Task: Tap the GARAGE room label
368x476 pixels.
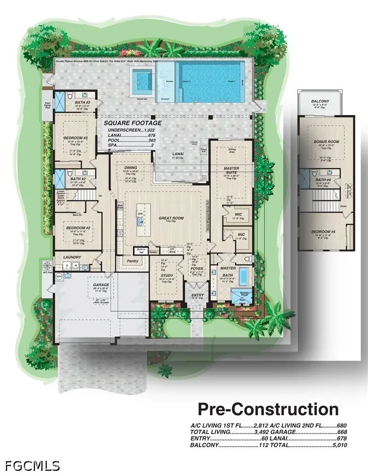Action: click(x=101, y=285)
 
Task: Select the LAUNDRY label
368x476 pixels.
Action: click(x=72, y=258)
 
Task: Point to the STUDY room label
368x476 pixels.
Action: click(x=167, y=276)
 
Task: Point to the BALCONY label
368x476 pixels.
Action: click(x=321, y=101)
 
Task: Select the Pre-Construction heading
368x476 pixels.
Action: click(x=268, y=409)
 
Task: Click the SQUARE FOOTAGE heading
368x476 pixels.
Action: click(x=133, y=123)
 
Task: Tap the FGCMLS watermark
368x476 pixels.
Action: click(x=30, y=466)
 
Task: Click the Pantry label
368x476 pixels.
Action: click(x=129, y=260)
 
